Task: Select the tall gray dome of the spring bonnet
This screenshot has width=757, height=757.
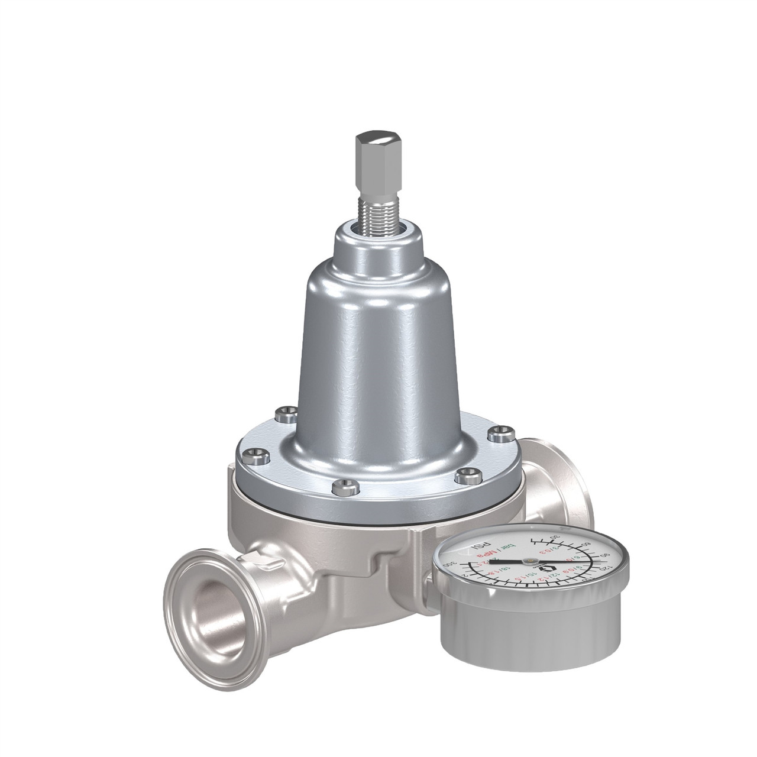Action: tap(373, 349)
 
